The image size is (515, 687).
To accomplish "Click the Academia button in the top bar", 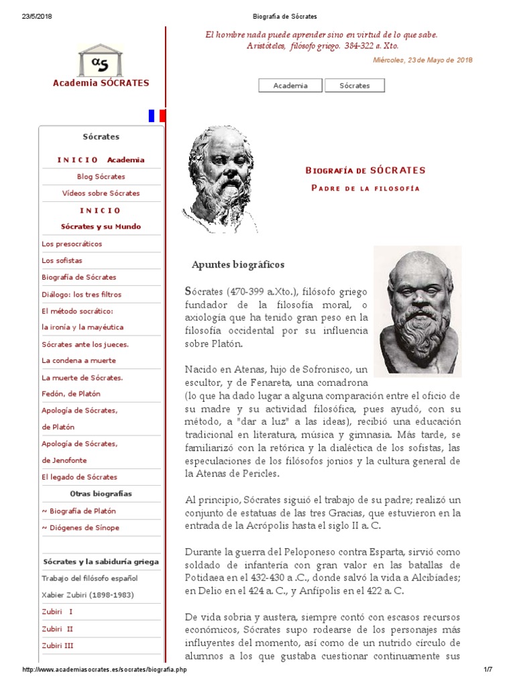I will point(290,85).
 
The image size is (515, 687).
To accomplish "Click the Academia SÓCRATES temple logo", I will point(101,60).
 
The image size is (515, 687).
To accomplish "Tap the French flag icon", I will point(157,115).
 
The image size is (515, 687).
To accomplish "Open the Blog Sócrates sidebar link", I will point(101,176).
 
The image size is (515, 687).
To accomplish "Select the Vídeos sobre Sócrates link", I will point(101,193).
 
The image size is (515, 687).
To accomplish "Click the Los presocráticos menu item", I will point(72,244).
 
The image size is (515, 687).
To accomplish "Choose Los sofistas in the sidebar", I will point(62,260).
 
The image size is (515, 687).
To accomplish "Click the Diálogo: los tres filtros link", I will point(81,294).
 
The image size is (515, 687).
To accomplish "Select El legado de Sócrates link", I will point(79,477).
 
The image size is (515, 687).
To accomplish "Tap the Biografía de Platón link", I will point(80,511).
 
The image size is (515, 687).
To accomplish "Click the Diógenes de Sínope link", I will point(80,527).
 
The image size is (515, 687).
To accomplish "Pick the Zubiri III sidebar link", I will point(58,645).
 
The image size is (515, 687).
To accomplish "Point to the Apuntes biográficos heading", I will point(238,264).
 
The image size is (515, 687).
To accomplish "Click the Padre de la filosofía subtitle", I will point(365,188).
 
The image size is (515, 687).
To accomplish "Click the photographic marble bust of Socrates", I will point(418,309).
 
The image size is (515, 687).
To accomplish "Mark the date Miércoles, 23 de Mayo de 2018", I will point(422,60).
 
